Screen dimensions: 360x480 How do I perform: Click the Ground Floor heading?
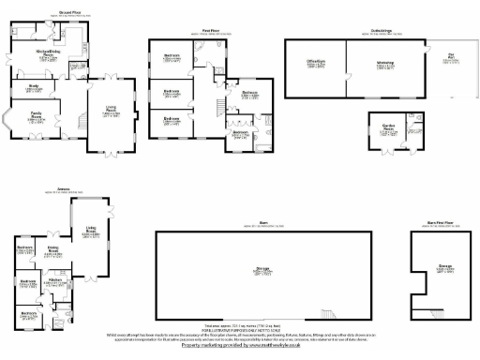tap(69, 11)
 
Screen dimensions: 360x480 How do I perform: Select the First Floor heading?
tap(210, 31)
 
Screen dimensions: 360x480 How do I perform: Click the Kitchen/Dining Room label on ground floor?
tap(44, 53)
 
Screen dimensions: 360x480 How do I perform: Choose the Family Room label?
tap(38, 115)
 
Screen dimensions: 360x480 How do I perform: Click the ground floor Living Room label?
tap(111, 110)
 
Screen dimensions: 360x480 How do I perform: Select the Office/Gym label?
tap(314, 63)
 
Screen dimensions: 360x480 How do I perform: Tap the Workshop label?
tap(385, 64)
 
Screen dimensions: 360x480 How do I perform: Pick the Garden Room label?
tap(388, 130)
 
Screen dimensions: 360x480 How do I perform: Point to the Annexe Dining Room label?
tap(53, 248)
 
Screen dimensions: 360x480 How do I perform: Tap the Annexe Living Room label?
tap(91, 230)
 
